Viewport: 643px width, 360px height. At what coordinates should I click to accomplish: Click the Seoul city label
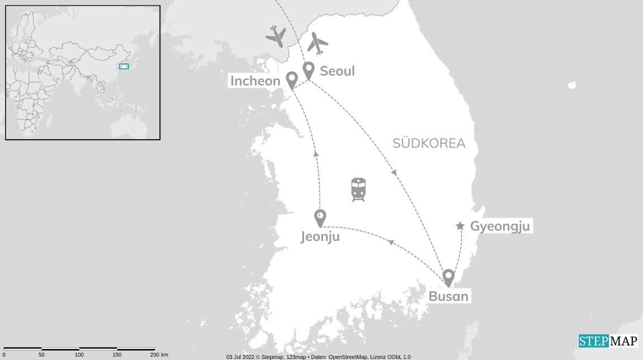tap(337, 71)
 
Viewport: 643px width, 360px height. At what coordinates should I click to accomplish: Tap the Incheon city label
tap(255, 81)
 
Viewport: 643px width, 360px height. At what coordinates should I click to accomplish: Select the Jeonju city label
tap(320, 237)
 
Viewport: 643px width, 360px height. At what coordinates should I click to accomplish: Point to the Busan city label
tap(448, 296)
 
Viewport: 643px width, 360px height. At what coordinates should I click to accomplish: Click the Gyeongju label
tap(500, 226)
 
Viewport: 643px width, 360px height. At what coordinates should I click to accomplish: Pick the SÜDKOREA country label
tap(429, 143)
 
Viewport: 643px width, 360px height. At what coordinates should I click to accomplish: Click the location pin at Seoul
tap(308, 70)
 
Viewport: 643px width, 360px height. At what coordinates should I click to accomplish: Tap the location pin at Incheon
tap(291, 79)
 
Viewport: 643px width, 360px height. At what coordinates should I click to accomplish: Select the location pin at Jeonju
tap(320, 217)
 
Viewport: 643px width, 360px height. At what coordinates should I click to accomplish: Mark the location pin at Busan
tap(448, 277)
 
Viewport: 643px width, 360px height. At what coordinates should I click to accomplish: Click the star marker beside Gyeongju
tap(460, 226)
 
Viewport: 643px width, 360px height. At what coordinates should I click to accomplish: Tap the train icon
tap(358, 190)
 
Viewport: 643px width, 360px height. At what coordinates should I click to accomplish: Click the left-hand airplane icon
tap(276, 36)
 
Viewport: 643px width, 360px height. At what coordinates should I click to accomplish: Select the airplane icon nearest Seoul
tap(318, 43)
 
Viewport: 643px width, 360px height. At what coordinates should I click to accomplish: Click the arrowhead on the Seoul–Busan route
tap(394, 173)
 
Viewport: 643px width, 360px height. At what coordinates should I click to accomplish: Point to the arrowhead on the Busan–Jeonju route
tap(391, 242)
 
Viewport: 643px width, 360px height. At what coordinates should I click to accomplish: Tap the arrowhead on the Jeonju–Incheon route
tap(316, 154)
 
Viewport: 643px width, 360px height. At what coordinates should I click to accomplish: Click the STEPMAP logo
tap(608, 341)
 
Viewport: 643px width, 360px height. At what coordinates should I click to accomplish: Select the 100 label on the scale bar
tap(79, 355)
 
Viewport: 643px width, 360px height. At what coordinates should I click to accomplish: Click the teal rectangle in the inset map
tap(124, 66)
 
